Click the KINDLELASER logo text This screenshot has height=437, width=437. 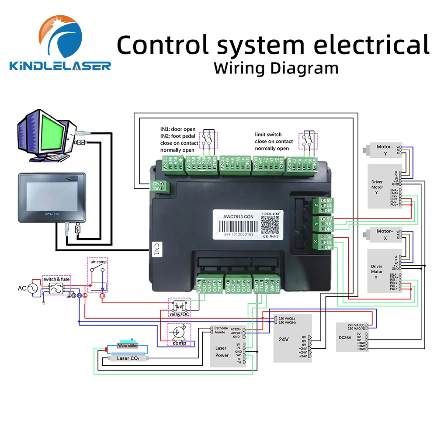[60, 66]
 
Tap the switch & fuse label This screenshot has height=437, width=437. [56, 279]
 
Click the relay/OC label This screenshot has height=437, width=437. [179, 314]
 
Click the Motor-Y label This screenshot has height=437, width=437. [385, 147]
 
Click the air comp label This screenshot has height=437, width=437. [99, 262]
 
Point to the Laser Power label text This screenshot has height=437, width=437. [222, 352]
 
